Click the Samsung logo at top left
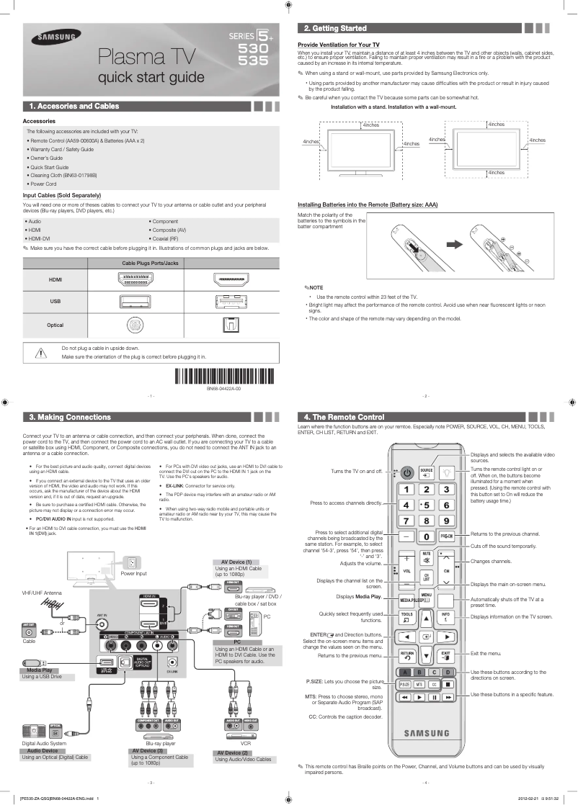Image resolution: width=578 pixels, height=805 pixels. tap(50, 40)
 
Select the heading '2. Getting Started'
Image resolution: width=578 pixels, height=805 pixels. tap(335, 28)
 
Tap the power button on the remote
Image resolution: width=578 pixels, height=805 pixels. tap(407, 472)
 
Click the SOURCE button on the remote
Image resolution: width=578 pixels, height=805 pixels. tap(426, 472)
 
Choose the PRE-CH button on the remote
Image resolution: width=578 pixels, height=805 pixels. tap(446, 536)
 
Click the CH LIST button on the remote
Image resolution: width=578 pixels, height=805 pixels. tap(427, 576)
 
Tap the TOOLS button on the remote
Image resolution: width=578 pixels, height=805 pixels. tap(406, 616)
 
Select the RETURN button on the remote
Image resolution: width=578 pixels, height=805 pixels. tap(406, 655)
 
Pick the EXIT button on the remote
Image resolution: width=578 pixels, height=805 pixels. tap(446, 655)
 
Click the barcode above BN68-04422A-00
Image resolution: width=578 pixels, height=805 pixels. tap(223, 377)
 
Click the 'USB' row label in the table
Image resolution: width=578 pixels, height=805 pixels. tap(55, 302)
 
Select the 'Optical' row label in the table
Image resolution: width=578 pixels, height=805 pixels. tap(55, 325)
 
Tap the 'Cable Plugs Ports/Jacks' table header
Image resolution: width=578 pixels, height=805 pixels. tap(150, 264)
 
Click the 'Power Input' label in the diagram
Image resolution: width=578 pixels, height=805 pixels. tap(133, 574)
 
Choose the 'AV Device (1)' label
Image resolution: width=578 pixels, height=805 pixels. tap(233, 562)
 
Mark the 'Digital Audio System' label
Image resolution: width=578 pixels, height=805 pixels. tap(44, 743)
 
